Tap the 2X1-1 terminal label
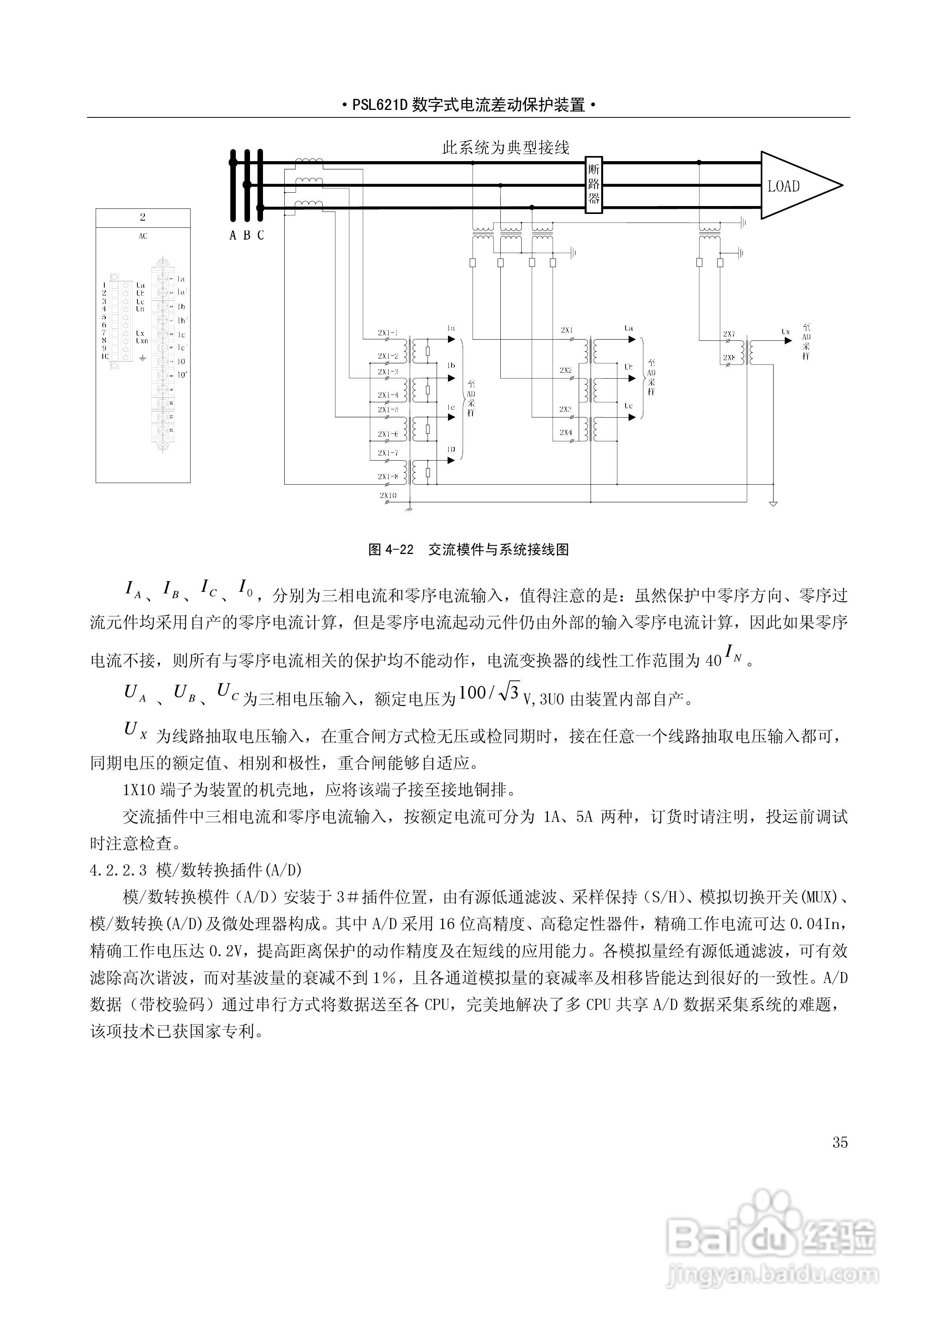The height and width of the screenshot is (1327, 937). tap(388, 333)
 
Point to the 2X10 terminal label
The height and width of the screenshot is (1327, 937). tap(388, 495)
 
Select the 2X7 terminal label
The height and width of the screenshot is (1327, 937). tap(729, 334)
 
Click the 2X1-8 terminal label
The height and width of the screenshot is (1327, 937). tap(388, 477)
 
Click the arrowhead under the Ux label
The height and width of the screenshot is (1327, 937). tap(788, 340)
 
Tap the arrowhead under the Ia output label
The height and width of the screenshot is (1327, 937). tap(451, 340)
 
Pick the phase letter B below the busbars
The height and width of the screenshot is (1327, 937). tap(247, 235)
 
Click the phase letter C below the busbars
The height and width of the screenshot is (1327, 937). tap(261, 235)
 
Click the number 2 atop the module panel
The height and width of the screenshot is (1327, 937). tap(143, 217)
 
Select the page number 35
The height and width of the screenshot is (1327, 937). tap(840, 1142)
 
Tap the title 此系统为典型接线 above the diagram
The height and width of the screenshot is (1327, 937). tap(506, 148)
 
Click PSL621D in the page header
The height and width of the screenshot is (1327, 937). tap(380, 105)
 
